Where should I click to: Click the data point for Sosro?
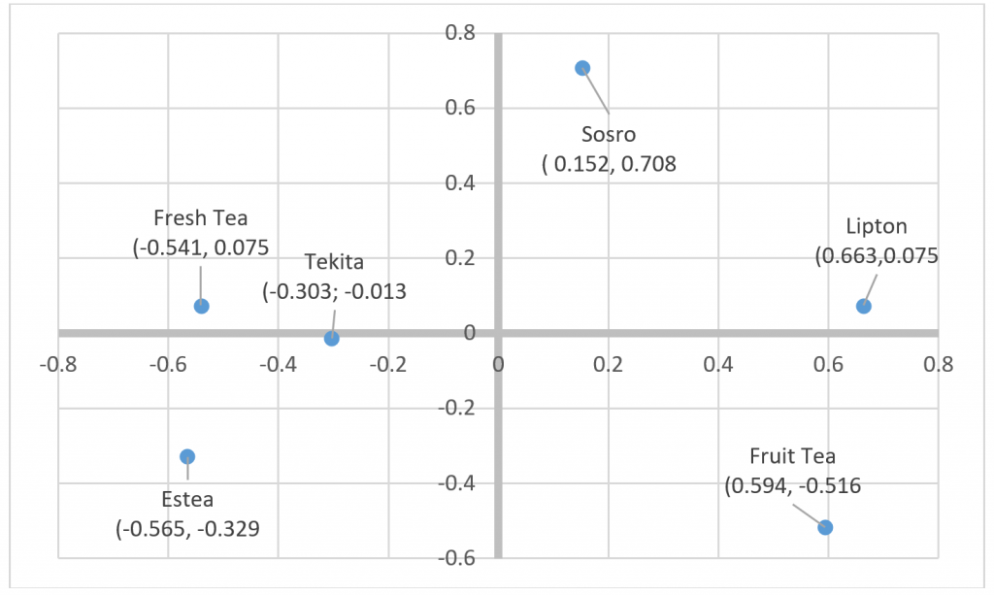[x=582, y=68]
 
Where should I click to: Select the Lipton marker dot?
[x=864, y=307]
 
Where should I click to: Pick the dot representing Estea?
[x=187, y=456]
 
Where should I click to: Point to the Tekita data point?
[x=332, y=338]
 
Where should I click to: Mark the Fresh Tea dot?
[x=202, y=306]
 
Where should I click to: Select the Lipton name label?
[x=877, y=227]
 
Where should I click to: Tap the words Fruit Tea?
[x=792, y=456]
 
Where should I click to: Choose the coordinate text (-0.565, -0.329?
[x=187, y=529]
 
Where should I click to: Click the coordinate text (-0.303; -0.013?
[x=334, y=290]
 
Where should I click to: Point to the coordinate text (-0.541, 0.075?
[x=201, y=248]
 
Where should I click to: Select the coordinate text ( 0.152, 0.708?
[x=609, y=164]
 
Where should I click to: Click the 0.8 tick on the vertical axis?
[x=460, y=34]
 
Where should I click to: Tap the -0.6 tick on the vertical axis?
[x=457, y=558]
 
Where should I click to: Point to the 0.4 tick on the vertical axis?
[x=460, y=183]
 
